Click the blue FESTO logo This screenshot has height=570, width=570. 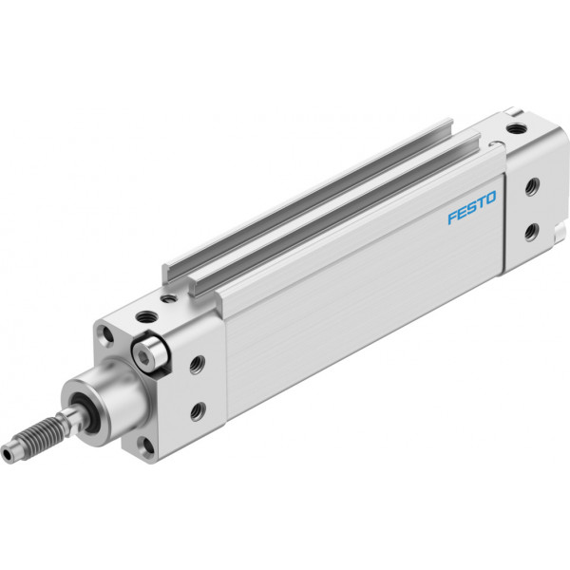pos(471,207)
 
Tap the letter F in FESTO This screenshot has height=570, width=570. pos(452,217)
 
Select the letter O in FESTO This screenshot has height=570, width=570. pos(490,198)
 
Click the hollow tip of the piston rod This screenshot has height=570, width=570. pos(7,454)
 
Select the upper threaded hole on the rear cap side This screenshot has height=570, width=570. pos(532,187)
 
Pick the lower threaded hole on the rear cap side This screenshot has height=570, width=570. pos(531,233)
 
